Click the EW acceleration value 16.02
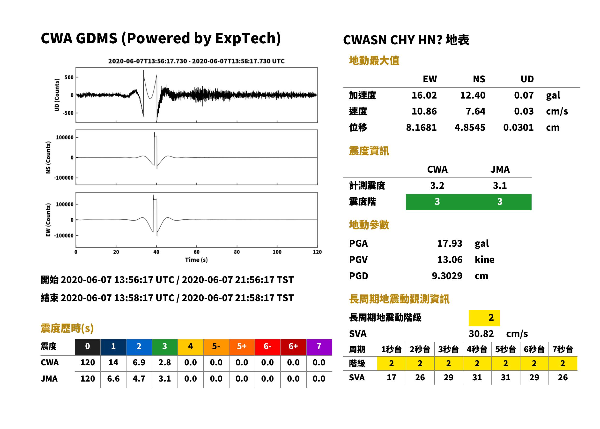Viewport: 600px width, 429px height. coord(424,95)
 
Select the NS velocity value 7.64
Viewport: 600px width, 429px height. coord(475,111)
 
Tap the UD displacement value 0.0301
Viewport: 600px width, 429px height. coord(518,128)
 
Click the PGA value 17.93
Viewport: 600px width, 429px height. coord(450,243)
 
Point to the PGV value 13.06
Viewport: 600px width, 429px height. coord(450,260)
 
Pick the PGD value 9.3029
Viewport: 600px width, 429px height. coord(447,276)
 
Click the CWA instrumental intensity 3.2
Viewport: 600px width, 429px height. coord(437,186)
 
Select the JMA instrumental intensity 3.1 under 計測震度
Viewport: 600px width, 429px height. coord(500,186)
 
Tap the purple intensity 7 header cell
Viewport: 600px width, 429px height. coord(319,346)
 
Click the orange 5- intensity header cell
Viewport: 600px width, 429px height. coord(216,346)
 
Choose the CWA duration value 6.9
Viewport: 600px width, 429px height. coord(139,362)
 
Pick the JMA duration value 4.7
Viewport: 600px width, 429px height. coord(139,379)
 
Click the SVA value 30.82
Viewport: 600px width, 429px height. coord(481,334)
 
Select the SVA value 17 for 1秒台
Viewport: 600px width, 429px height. coord(391,377)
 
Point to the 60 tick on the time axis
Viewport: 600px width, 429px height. coord(197,252)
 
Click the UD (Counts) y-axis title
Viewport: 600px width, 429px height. coord(57,95)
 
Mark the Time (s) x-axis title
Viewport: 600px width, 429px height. coord(197,260)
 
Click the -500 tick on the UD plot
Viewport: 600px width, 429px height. coord(68,113)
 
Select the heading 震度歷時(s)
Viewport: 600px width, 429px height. coord(67,328)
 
